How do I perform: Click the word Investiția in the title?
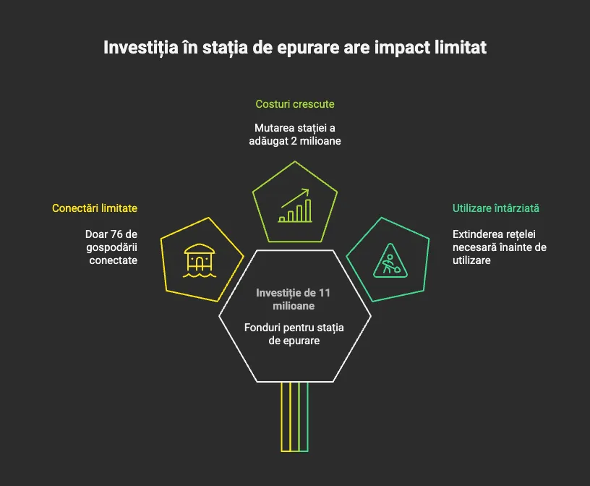tap(141, 48)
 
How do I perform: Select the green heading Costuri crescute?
tap(295, 104)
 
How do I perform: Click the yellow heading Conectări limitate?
tap(95, 208)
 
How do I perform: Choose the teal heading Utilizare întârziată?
tap(495, 208)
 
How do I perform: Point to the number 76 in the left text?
tap(116, 234)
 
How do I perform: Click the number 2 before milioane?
tap(294, 141)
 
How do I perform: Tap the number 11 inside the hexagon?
tap(325, 293)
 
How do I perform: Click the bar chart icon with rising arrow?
tap(295, 205)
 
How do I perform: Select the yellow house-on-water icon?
tap(200, 261)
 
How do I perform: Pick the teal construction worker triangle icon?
tap(390, 260)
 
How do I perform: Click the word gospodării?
tap(112, 248)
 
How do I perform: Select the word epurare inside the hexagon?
tap(302, 341)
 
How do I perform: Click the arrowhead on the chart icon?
tap(306, 192)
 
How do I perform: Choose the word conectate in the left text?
tap(114, 260)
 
